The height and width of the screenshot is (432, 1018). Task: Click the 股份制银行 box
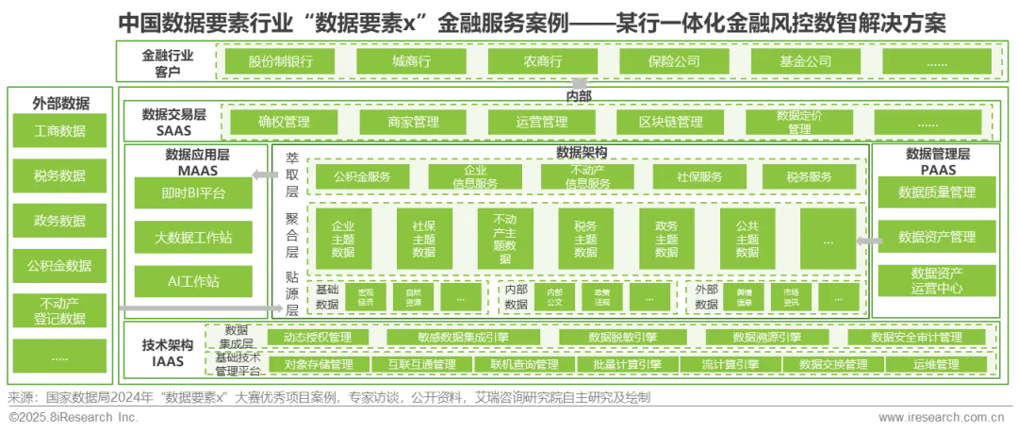(280, 61)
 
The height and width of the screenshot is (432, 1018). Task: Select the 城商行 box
(411, 61)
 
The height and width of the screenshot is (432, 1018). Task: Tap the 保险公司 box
(674, 61)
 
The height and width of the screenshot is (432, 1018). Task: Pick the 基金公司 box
(805, 61)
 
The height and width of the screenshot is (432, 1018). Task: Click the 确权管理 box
(283, 122)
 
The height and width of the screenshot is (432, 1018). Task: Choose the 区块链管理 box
(672, 122)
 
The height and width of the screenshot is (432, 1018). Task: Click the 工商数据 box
(58, 131)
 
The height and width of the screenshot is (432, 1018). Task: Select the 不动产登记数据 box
(58, 310)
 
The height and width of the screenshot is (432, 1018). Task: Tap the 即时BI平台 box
(193, 193)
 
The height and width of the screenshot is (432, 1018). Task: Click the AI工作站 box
(193, 280)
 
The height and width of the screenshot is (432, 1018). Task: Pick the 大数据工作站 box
(193, 237)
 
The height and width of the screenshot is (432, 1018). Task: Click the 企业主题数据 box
(343, 240)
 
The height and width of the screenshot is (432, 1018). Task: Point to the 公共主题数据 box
(747, 240)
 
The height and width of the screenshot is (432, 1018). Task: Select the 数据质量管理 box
(936, 192)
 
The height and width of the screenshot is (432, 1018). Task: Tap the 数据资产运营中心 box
(936, 280)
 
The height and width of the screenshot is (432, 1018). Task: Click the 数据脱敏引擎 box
(602, 338)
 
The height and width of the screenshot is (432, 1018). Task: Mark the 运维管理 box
(935, 364)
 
